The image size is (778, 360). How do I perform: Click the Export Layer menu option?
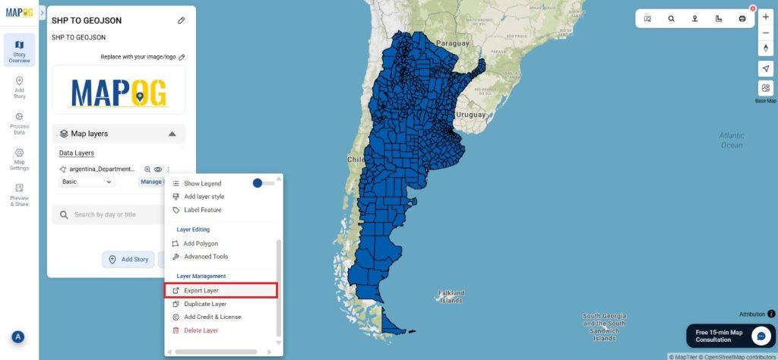pos(201,290)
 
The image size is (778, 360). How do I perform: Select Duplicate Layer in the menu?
pos(204,304)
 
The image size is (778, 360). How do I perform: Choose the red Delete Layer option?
pos(201,330)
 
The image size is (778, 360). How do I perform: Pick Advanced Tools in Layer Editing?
pos(205,257)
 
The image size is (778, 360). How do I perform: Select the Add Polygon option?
pos(201,244)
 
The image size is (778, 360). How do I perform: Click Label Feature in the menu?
pos(203,210)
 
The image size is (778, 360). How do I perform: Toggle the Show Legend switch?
pos(262,183)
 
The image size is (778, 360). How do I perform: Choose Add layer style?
pos(204,197)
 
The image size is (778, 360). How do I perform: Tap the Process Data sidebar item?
pos(19,123)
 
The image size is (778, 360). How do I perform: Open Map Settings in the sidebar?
pos(19,159)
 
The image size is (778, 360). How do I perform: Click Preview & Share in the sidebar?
pos(19,195)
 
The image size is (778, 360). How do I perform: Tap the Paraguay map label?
pos(453,43)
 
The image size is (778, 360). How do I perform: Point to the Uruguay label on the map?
pos(470,115)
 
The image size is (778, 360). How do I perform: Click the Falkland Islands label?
pos(451,296)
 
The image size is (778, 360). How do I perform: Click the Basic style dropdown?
pos(87,182)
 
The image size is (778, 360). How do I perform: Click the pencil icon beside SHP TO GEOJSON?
pos(181,21)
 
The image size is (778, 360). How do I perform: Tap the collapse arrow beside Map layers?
pos(172,134)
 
